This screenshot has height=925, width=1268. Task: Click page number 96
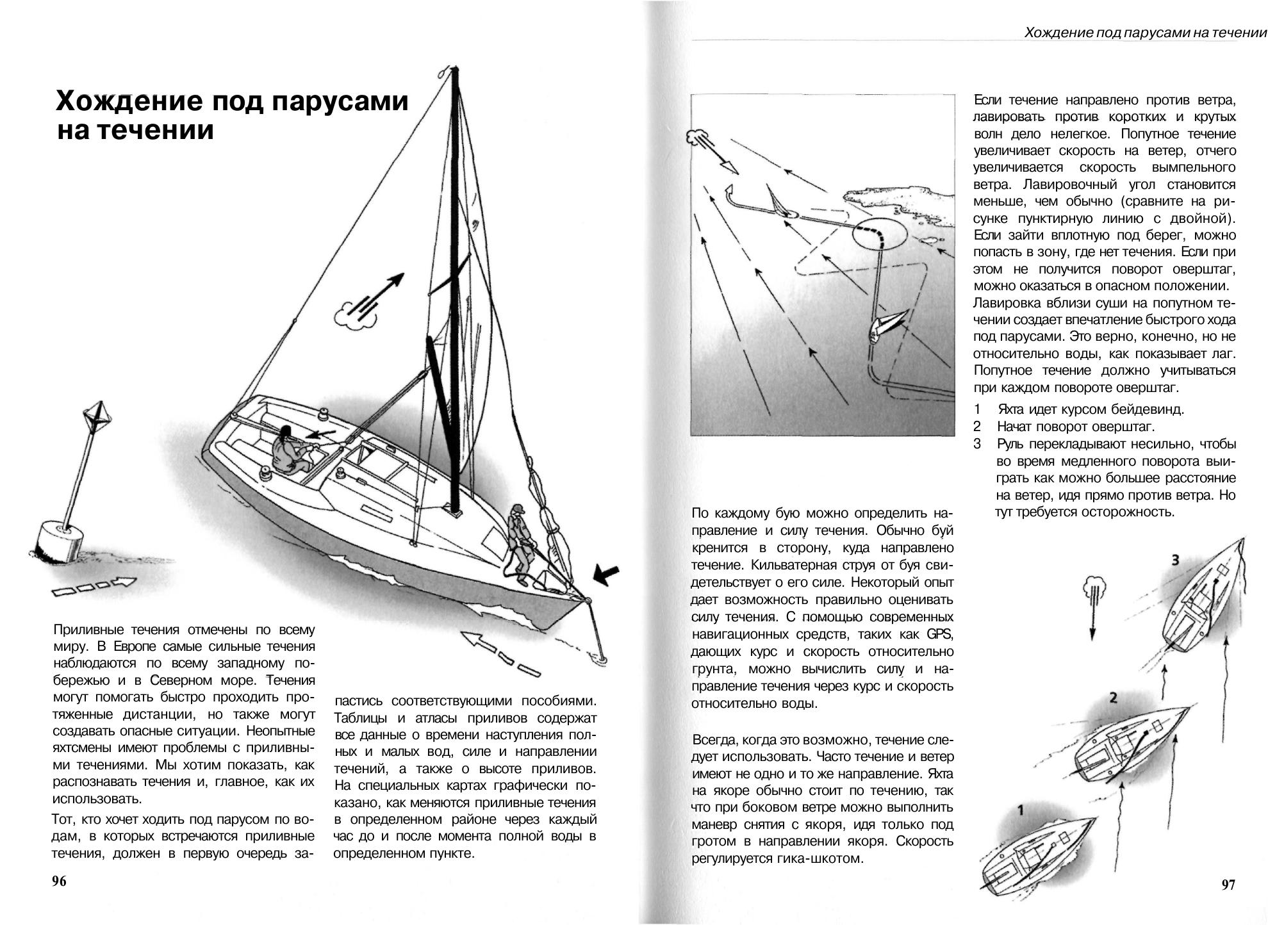(x=59, y=881)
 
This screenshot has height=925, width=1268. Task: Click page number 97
(x=1228, y=885)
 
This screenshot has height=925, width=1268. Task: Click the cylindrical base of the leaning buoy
(x=59, y=538)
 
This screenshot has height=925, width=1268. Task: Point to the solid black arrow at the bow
(x=605, y=575)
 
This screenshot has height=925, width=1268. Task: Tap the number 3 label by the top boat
(x=1175, y=560)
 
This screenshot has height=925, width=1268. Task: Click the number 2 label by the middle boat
(x=1114, y=698)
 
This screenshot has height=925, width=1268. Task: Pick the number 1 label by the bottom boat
(x=1021, y=810)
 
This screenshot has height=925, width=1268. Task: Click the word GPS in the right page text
(x=940, y=635)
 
